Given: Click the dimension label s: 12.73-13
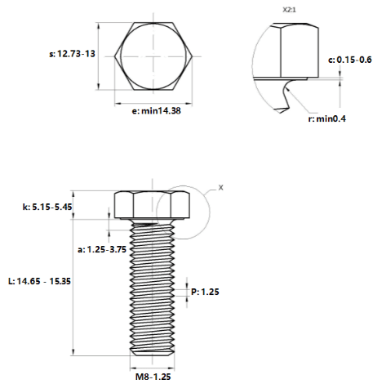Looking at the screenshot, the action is (x=72, y=54).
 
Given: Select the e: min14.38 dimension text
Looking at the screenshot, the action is (x=156, y=111).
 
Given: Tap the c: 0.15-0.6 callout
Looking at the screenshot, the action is (x=350, y=60).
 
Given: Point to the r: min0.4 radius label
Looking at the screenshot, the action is (x=326, y=118).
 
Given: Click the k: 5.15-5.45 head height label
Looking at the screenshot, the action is (x=47, y=207).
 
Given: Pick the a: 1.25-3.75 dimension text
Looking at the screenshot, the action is (x=102, y=249).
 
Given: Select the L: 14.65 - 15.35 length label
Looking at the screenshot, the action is (x=40, y=281).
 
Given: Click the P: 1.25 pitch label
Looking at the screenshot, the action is (x=205, y=292).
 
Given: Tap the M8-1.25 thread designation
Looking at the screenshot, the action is (x=153, y=377).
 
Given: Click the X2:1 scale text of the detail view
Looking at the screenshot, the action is (x=289, y=10).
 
